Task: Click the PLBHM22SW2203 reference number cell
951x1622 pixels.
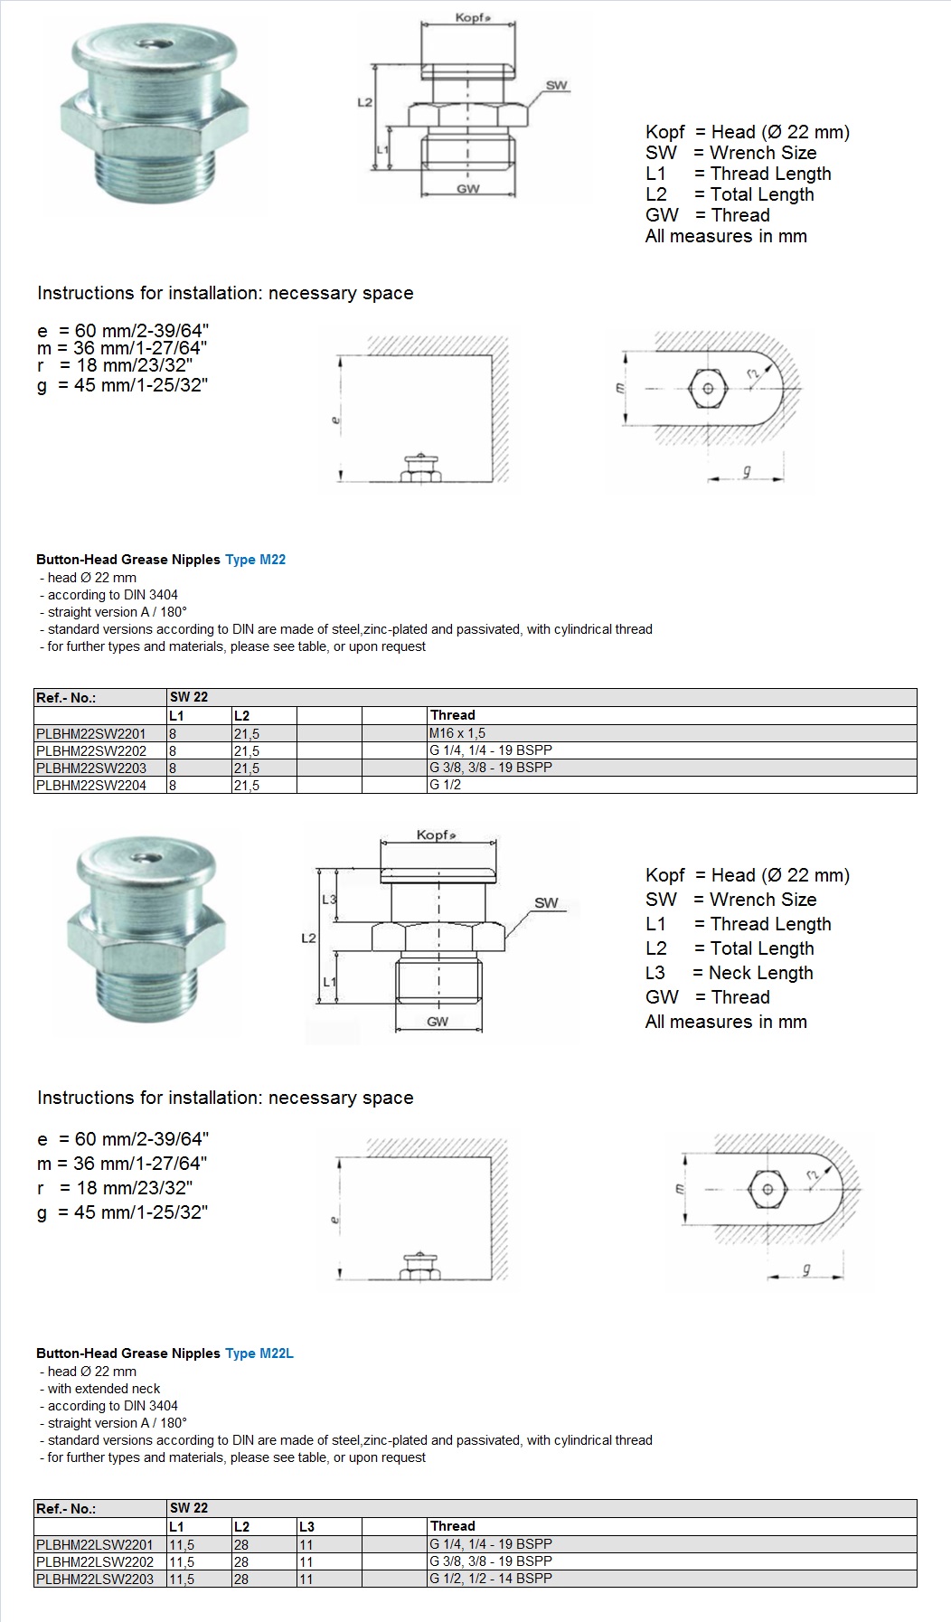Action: (91, 768)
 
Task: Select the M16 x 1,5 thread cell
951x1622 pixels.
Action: (457, 733)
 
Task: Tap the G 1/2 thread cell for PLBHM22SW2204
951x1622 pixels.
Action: (445, 785)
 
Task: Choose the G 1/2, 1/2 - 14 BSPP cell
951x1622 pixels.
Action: (490, 1579)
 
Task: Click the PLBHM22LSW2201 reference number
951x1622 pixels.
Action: (95, 1544)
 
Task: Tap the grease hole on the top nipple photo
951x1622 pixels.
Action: (145, 42)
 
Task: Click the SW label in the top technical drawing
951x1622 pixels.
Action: (557, 86)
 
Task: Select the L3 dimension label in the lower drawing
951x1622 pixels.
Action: (329, 900)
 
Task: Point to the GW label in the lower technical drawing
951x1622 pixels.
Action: (438, 1022)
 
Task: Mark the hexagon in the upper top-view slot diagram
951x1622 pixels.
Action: (708, 390)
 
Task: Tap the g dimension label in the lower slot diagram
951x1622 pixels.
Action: (806, 1270)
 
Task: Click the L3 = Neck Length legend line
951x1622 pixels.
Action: (729, 973)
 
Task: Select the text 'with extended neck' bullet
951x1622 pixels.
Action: (104, 1389)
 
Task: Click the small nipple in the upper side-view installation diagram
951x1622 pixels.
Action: (420, 468)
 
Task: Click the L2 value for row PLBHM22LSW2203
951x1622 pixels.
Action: (241, 1580)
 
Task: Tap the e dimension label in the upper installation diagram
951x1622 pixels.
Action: (335, 419)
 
